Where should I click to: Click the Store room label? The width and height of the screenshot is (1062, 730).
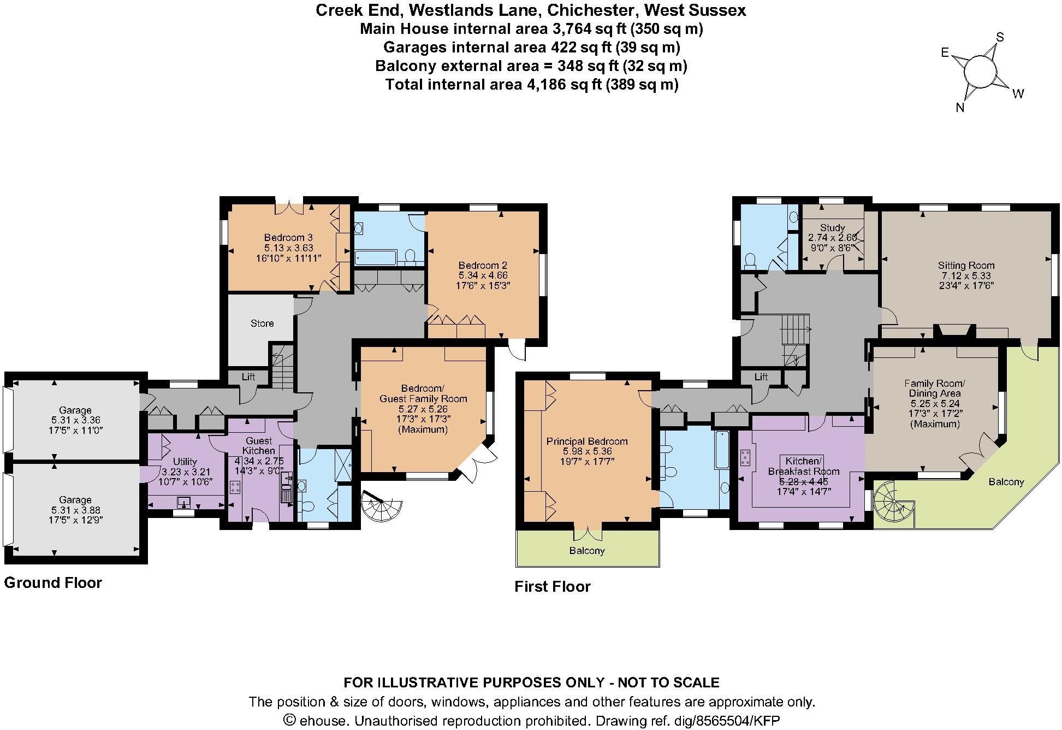(262, 323)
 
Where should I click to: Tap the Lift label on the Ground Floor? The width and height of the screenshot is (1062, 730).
(248, 377)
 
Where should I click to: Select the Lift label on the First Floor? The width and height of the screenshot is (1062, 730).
(761, 376)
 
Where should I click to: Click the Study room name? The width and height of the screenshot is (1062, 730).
(833, 227)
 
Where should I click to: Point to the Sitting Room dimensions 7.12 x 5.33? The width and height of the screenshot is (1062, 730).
(966, 276)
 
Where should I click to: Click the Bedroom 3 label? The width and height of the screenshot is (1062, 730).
(288, 238)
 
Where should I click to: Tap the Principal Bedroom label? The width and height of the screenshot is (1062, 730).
(587, 441)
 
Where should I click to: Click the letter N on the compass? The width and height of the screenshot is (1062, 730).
(960, 108)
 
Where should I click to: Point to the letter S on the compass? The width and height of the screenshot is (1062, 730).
(1000, 37)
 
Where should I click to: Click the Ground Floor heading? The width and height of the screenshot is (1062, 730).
(53, 583)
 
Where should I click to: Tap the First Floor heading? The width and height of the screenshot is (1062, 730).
(553, 587)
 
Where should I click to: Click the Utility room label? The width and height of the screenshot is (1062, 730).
(185, 462)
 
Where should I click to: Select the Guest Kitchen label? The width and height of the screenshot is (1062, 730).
(259, 446)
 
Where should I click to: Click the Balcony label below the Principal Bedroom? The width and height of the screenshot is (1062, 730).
(587, 551)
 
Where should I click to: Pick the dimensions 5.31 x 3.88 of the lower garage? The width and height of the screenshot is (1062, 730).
(75, 510)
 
